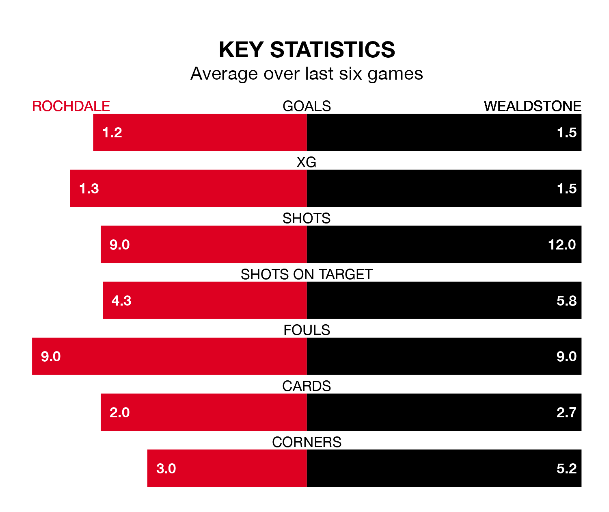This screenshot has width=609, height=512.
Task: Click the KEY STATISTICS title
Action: click(307, 50)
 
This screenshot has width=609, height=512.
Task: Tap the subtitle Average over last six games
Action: click(307, 74)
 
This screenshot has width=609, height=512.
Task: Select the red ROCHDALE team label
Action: click(71, 106)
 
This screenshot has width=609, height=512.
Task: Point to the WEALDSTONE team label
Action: click(532, 106)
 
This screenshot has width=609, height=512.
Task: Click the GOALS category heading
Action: click(307, 106)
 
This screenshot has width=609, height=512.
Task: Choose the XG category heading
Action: click(307, 162)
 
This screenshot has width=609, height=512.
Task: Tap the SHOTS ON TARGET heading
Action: click(307, 274)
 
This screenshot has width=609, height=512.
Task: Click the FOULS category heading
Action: click(307, 330)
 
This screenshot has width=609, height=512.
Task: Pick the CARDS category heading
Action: click(307, 386)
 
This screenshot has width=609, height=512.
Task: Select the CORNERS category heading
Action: click(307, 442)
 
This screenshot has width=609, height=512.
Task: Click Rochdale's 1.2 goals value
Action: click(112, 132)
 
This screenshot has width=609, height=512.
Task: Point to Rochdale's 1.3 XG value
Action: click(89, 189)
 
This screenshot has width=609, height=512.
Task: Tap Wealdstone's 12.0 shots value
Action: click(562, 245)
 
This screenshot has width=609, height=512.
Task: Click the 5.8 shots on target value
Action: click(566, 301)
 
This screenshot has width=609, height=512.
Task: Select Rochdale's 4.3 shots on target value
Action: click(121, 301)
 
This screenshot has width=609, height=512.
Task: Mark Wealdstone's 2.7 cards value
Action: click(566, 412)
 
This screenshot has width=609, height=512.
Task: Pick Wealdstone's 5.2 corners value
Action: click(566, 469)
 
